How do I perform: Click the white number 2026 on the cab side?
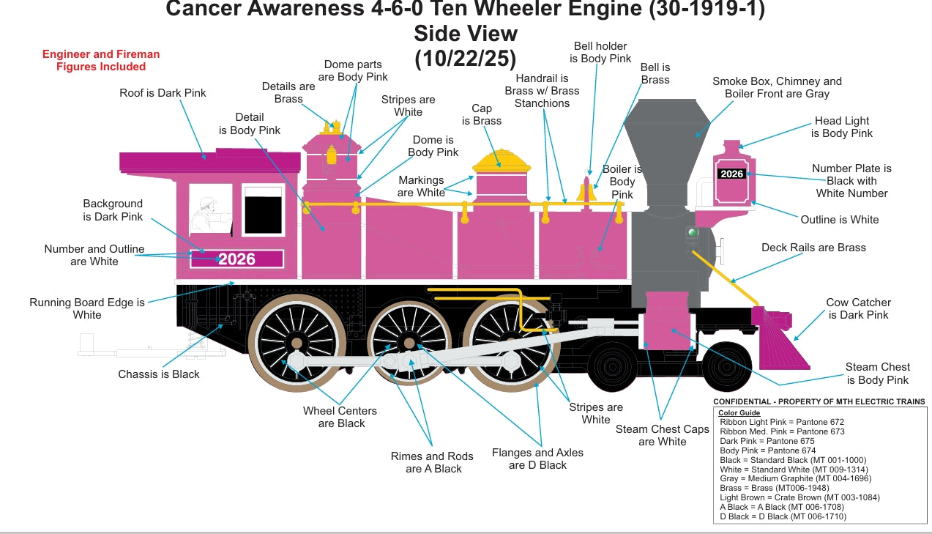click(236, 259)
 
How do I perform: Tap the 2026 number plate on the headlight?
click(731, 174)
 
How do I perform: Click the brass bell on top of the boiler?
click(586, 192)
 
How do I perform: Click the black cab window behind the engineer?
click(263, 210)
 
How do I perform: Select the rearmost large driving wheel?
click(297, 342)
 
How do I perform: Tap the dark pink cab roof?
click(209, 162)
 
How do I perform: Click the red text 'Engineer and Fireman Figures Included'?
click(101, 60)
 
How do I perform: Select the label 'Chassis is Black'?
click(159, 374)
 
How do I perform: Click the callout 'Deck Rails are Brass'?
click(813, 248)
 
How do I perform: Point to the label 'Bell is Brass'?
click(655, 73)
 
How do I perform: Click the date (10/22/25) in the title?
click(466, 58)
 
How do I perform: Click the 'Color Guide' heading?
click(739, 412)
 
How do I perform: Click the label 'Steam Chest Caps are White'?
click(662, 435)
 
